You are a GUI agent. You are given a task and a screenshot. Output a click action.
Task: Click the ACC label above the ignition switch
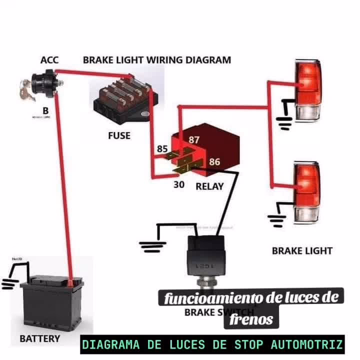click(49, 60)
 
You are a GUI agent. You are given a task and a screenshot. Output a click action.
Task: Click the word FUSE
click(119, 135)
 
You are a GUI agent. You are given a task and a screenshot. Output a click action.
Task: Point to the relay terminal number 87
click(194, 140)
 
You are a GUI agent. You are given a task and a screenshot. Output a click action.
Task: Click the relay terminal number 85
click(162, 148)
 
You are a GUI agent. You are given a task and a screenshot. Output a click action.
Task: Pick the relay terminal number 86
click(214, 162)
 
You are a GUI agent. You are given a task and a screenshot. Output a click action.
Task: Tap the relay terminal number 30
click(179, 184)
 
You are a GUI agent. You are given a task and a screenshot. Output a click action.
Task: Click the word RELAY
click(209, 186)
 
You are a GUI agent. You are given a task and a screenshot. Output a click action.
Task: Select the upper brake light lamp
click(306, 90)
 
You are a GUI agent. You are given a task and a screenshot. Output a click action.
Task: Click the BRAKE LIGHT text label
click(302, 250)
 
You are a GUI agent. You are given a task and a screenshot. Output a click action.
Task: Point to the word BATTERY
click(39, 338)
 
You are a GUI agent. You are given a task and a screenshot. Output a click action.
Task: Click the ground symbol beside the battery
click(9, 283)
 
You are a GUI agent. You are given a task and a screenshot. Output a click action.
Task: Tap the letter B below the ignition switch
click(45, 109)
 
